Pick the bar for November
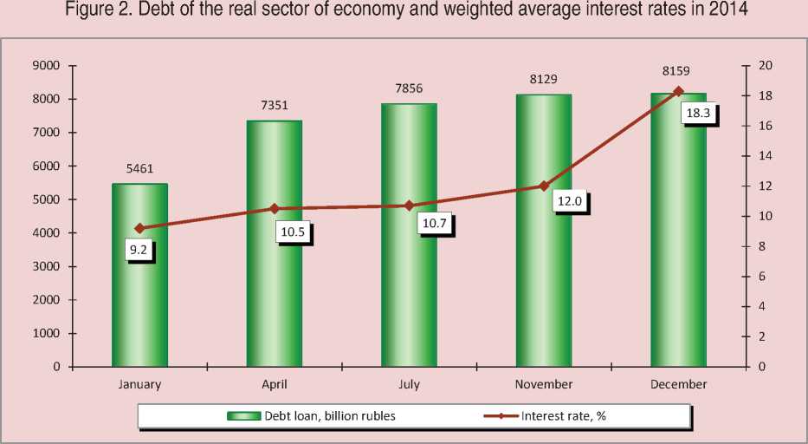tap(544, 286)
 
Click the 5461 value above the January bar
tap(139, 169)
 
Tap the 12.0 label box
tap(568, 200)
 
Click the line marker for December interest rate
tap(678, 91)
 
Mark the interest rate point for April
tap(275, 208)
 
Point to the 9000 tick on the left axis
tap(45, 66)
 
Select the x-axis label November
tap(544, 383)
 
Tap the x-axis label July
tap(409, 383)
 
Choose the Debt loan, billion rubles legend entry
tap(312, 416)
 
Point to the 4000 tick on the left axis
tap(45, 233)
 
